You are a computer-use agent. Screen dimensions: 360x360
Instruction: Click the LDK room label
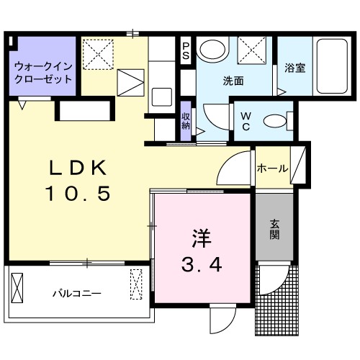(x=78, y=168)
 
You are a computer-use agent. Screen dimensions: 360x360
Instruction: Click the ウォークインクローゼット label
(x=42, y=71)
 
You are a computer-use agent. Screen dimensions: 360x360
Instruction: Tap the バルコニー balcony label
(x=76, y=293)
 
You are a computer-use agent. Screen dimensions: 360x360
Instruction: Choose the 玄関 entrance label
(x=275, y=230)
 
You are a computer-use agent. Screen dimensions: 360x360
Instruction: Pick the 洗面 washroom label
(x=232, y=81)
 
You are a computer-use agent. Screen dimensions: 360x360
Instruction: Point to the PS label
(x=186, y=50)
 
